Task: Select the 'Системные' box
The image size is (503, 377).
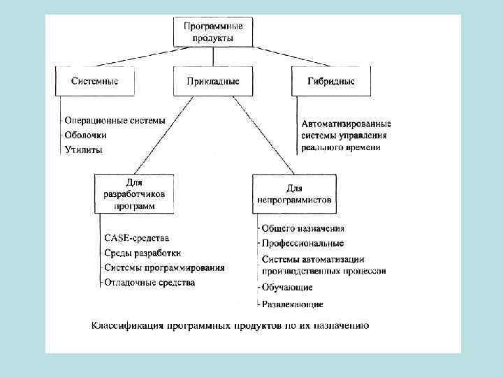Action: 95,81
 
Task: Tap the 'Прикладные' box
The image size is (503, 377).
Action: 213,82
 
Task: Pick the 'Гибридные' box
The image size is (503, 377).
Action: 330,81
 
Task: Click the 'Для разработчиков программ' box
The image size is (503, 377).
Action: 135,192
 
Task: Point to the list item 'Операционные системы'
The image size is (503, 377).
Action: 115,120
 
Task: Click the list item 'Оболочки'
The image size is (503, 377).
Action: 87,135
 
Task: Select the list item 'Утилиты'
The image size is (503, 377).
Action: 84,149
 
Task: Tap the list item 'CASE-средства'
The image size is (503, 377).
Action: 136,237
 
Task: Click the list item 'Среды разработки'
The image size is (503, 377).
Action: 143,253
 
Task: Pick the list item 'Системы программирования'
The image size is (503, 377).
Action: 164,267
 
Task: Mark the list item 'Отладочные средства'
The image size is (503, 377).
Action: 150,283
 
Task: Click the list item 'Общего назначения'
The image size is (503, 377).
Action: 302,228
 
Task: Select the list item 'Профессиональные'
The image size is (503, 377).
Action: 302,244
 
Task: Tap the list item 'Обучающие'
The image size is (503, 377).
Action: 286,288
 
